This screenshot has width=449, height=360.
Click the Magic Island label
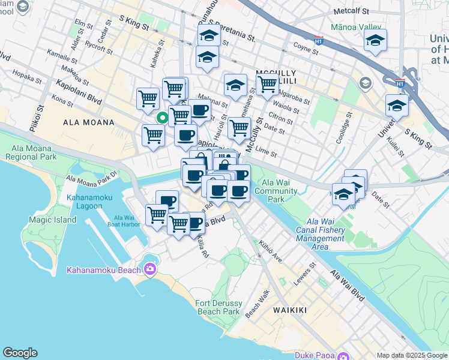(x=53, y=220)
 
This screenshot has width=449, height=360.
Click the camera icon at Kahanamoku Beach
(x=148, y=269)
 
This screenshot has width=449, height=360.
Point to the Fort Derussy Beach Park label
(x=218, y=307)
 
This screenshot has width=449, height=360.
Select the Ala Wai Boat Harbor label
(x=127, y=221)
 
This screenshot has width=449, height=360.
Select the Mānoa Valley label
(x=355, y=28)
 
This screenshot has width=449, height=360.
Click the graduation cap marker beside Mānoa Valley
(x=375, y=40)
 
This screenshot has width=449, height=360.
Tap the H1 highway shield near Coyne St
(x=319, y=40)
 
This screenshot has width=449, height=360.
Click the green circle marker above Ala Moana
(x=161, y=118)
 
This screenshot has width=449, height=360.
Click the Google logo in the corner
(x=20, y=353)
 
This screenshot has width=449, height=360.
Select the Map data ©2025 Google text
(x=412, y=355)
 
